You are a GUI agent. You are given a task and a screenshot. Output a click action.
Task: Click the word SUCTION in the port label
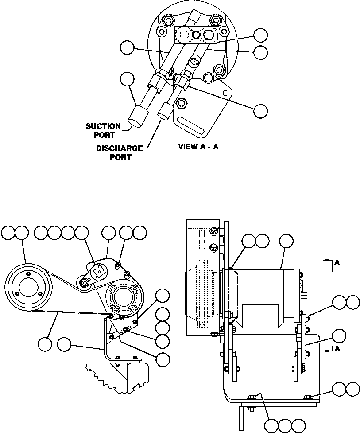pos(103,126)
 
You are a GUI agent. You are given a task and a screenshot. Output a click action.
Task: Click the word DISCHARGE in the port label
pos(119,148)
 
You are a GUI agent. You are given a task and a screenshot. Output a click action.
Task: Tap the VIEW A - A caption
pos(198,147)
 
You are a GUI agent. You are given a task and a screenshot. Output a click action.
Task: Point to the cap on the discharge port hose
pos(164,110)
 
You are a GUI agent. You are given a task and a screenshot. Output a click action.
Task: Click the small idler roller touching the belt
pos(83,281)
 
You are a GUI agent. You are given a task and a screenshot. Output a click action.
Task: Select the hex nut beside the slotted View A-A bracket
pos(181,104)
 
